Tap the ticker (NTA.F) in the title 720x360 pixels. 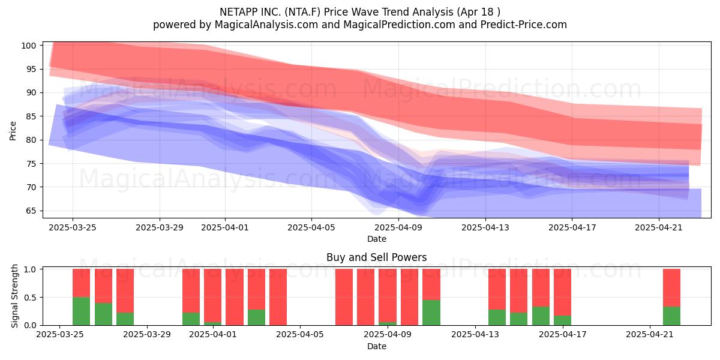[x=302, y=12]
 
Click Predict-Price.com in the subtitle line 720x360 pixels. [x=524, y=25]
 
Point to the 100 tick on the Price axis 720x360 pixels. [x=28, y=46]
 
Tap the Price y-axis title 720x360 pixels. [x=13, y=131]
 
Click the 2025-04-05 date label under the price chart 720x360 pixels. [x=311, y=227]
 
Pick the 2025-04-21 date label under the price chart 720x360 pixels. [x=659, y=227]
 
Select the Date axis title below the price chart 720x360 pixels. [x=377, y=239]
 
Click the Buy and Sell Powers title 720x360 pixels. [x=377, y=257]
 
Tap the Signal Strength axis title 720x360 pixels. [x=14, y=296]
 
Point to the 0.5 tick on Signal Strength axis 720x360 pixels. [x=30, y=298]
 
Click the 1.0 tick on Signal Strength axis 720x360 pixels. [x=30, y=269]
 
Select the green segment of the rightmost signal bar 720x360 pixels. [x=671, y=316]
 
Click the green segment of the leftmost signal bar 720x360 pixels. [x=82, y=311]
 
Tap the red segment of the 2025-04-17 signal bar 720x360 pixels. [x=563, y=292]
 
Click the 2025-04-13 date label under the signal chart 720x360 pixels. [x=475, y=334]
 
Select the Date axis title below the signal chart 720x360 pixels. [x=377, y=346]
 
